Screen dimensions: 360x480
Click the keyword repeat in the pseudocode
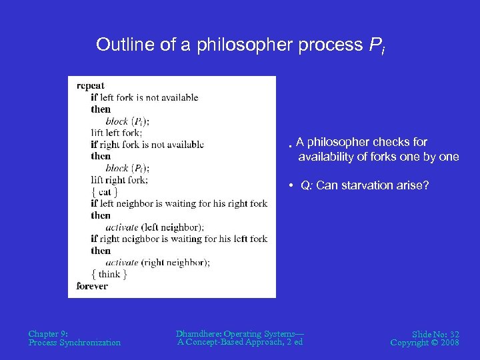pos(90,85)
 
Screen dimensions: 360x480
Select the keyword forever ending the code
pos(92,286)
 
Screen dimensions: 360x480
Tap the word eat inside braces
pos(105,192)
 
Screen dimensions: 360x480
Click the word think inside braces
pos(109,274)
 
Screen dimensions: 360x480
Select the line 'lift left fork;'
pos(117,133)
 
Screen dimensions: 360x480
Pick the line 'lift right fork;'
pos(119,180)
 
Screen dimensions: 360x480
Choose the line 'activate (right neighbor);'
pos(157,263)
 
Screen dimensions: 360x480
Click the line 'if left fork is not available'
pos(145,97)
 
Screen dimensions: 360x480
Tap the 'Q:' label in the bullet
pos(307,185)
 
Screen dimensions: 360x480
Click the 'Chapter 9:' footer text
pos(48,333)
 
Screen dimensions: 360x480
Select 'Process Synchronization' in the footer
pos(75,343)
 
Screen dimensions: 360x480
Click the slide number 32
pos(453,333)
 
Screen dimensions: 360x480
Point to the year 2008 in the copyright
pos(449,343)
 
